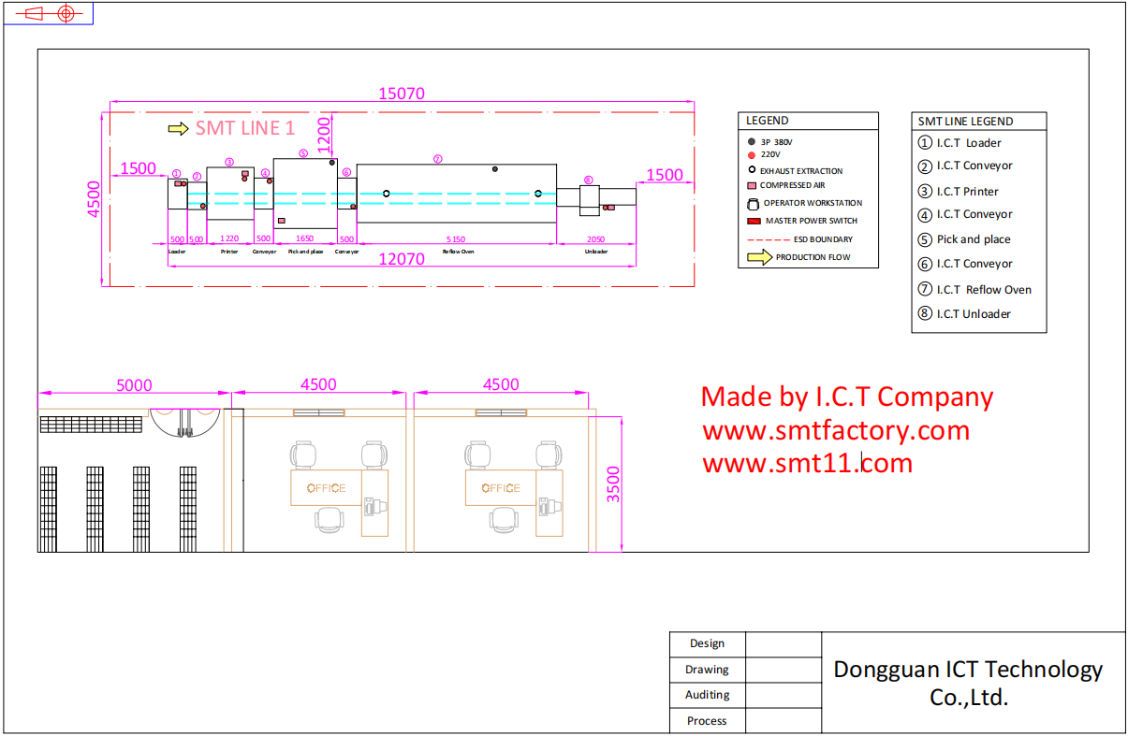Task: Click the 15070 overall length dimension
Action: click(402, 94)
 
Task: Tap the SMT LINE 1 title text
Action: click(244, 128)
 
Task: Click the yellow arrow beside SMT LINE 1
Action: click(178, 129)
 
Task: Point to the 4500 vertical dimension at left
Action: click(94, 198)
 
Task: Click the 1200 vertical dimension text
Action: click(324, 135)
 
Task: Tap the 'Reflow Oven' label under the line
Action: click(458, 252)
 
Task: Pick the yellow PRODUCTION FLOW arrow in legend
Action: click(759, 257)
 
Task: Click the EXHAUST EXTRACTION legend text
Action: click(801, 171)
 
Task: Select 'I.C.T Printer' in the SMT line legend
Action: click(967, 192)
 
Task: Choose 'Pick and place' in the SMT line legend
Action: click(974, 239)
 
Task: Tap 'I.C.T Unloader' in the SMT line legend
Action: click(974, 314)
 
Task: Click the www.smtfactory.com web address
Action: click(836, 431)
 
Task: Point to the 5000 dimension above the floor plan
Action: click(134, 385)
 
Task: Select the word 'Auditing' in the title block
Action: click(707, 695)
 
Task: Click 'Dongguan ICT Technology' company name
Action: click(968, 670)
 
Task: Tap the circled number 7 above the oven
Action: click(437, 159)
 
